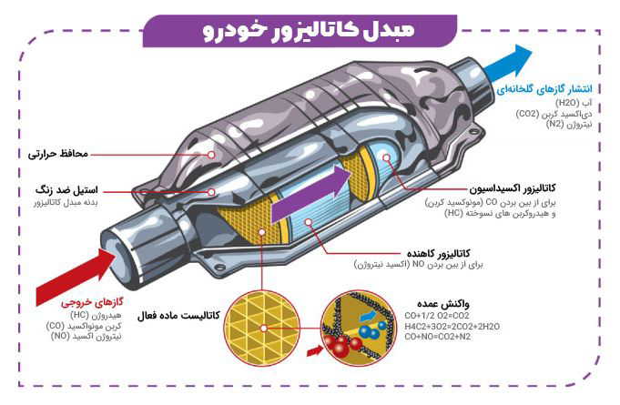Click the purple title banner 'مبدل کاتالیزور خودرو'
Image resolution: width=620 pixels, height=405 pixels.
tap(300, 31)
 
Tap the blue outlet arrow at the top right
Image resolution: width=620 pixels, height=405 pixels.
tap(509, 64)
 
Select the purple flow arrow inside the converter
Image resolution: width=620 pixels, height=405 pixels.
tap(311, 194)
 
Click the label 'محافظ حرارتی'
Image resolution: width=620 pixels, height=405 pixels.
tap(58, 154)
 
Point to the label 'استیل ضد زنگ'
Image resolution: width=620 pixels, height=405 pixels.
tap(66, 190)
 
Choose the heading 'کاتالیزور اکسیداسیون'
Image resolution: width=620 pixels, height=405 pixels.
tap(513, 188)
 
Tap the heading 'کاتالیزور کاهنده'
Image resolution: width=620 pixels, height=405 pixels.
tap(439, 253)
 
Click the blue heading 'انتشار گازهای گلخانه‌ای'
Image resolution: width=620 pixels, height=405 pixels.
tap(544, 89)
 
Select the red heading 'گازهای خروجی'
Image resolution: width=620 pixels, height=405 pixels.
tap(92, 303)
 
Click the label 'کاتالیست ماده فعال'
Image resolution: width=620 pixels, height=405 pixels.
tap(178, 316)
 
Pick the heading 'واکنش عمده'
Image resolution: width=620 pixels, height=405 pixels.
tap(442, 304)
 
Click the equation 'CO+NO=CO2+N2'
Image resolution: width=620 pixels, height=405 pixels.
tap(437, 337)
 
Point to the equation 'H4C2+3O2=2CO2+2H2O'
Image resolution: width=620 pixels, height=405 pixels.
tap(452, 327)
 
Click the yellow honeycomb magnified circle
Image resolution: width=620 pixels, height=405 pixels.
tap(262, 328)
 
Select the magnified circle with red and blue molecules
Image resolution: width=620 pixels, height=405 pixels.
tap(358, 328)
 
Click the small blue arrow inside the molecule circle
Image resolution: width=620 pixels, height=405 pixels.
tap(368, 316)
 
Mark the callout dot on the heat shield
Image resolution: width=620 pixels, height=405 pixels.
tap(211, 155)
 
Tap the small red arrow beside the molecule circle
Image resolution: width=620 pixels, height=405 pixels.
tap(315, 350)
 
